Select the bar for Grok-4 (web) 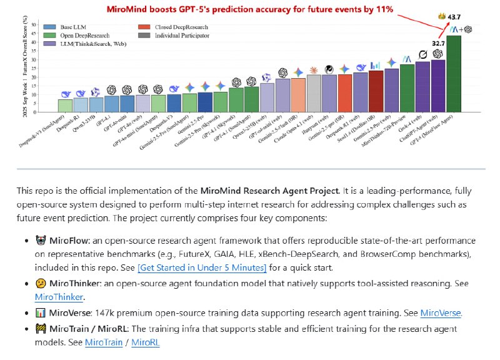tap(422, 87)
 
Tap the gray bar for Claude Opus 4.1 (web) tap(314, 94)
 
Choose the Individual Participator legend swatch tap(143, 36)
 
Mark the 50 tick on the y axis tap(35, 26)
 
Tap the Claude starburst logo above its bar tap(314, 70)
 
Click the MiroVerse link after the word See tap(441, 313)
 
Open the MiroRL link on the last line tap(146, 342)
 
